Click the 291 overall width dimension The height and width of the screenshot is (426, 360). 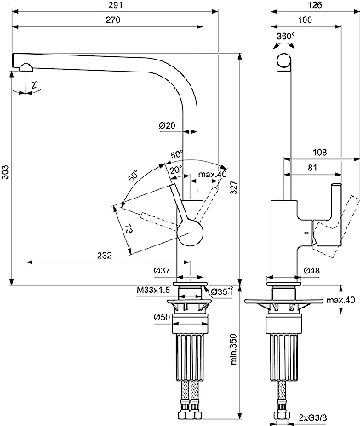[x=116, y=5]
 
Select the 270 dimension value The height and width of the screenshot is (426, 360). [x=113, y=20]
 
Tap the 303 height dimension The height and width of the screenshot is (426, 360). [x=5, y=172]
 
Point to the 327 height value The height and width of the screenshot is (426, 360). [x=233, y=187]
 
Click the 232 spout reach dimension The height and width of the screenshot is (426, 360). [x=105, y=256]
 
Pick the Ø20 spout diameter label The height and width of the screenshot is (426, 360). [x=168, y=125]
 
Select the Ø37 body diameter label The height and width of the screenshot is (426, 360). [x=162, y=271]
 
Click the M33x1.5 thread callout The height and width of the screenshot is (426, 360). [x=153, y=290]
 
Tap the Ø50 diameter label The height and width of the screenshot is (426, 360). [x=162, y=317]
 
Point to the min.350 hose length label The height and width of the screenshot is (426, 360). [x=233, y=349]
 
